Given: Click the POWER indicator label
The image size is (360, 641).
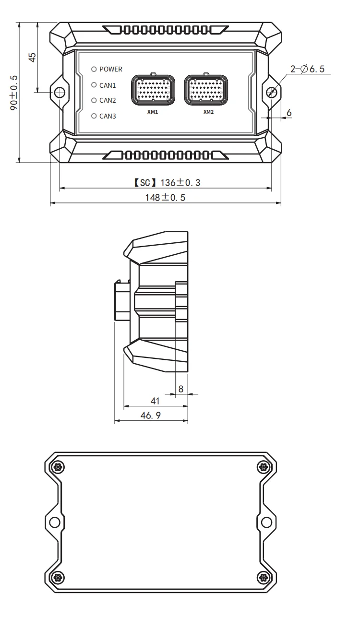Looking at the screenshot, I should (110, 69).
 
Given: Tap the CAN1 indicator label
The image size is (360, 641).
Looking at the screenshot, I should (108, 85).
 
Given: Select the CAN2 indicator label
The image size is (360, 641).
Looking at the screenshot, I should (108, 100).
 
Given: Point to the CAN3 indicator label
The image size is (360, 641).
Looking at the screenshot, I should (108, 116).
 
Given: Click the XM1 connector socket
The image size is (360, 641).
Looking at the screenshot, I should (153, 90).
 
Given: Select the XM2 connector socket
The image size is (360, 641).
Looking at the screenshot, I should (207, 90).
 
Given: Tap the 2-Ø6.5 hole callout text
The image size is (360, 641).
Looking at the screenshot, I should (307, 70).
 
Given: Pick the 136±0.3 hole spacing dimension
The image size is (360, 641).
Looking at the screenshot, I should (165, 183).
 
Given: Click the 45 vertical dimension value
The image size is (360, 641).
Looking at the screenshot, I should (32, 57).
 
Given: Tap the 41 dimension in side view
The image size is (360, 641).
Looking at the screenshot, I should (155, 400).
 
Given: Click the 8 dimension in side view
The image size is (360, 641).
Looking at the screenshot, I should (181, 389).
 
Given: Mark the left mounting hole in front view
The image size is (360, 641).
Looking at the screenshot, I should (60, 92).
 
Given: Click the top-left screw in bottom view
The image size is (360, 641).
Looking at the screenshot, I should (58, 467).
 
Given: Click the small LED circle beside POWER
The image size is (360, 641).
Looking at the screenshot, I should (94, 69).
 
